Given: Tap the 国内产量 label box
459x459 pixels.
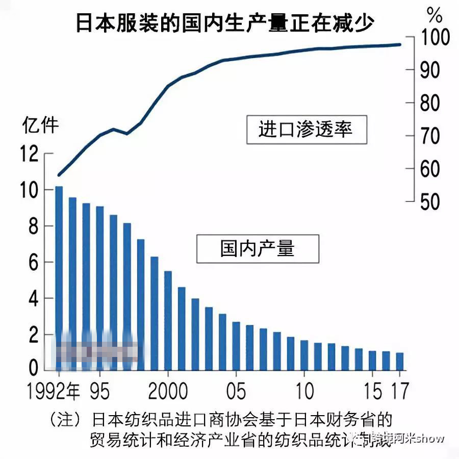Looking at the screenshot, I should tap(258, 248).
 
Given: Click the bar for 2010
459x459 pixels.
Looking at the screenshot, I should tap(304, 355).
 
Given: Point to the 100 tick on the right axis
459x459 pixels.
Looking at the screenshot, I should tap(435, 38).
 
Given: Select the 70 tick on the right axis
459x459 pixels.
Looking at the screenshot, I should tap(430, 136).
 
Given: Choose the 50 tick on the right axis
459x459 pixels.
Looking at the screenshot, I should tap(430, 202).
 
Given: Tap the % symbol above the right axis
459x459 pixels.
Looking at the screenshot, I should tap(435, 15).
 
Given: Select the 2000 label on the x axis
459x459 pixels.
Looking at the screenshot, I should tap(168, 392).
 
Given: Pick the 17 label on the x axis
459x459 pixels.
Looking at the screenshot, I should tap(400, 392).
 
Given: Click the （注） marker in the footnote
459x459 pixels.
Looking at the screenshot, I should tap(65, 420).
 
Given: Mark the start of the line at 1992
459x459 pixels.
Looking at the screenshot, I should tap(59, 175).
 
